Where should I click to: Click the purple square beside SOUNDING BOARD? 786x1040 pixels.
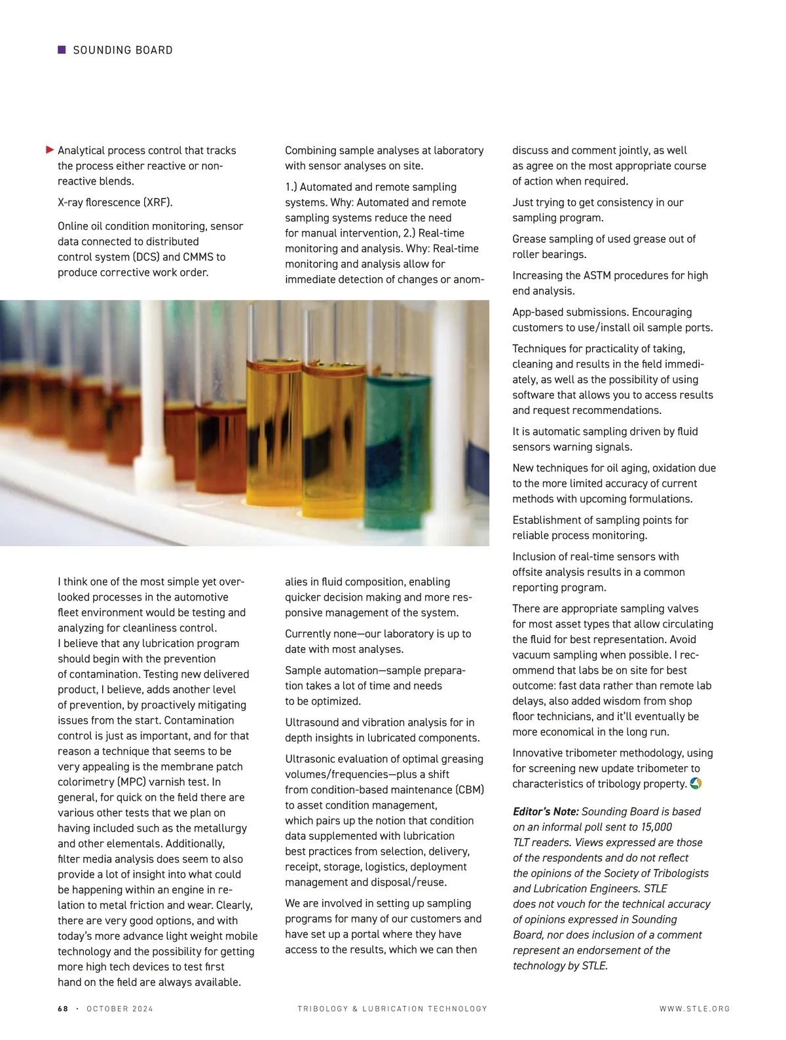(x=62, y=50)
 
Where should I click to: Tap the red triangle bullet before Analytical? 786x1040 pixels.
(x=50, y=150)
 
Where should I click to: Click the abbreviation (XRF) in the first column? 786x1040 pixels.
(x=158, y=202)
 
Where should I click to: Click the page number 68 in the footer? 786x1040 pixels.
(x=63, y=1009)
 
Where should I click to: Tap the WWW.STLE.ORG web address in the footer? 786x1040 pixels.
(x=694, y=1009)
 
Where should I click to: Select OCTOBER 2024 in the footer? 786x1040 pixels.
(x=120, y=1009)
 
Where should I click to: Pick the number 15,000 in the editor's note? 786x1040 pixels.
(x=655, y=827)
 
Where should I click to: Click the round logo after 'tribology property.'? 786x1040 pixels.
(x=696, y=783)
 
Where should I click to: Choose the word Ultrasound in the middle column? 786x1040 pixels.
(x=312, y=722)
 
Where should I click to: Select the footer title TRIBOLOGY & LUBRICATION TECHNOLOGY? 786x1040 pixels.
(x=392, y=1009)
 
